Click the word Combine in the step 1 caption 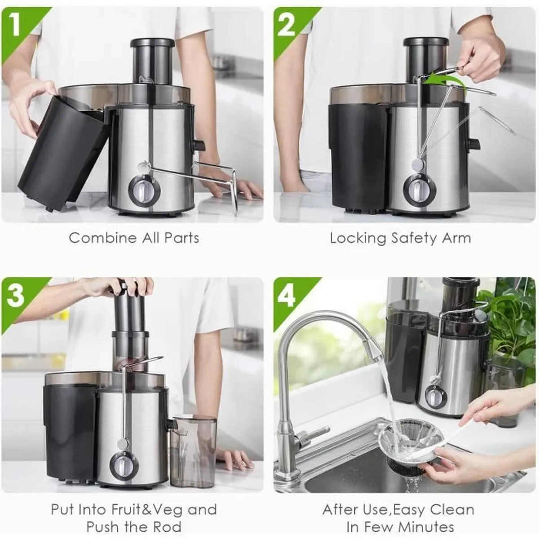tap(102, 238)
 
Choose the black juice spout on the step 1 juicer tap(197, 145)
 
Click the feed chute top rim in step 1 tap(152, 42)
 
